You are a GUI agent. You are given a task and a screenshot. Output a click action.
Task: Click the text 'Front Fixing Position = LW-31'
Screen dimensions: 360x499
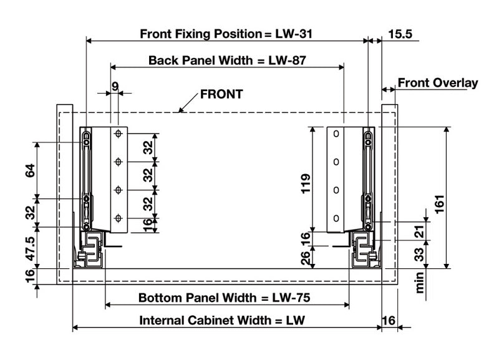pos(226,34)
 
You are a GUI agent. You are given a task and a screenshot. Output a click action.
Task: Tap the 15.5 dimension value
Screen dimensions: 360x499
pos(399,34)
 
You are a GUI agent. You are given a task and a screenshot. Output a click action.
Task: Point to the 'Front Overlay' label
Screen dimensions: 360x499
pos(438,83)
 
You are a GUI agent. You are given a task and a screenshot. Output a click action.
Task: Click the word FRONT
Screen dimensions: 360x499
pos(221,95)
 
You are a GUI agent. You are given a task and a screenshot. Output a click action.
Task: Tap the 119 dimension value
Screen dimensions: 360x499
pos(306,185)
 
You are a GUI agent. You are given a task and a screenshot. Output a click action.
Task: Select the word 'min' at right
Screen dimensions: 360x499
pos(420,282)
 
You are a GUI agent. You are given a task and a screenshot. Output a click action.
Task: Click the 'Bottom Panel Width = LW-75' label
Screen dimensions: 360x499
pos(225,298)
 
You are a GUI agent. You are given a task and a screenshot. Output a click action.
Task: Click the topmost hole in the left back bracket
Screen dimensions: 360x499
pos(117,134)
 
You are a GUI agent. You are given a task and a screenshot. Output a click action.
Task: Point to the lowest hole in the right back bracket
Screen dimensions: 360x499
pos(336,218)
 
